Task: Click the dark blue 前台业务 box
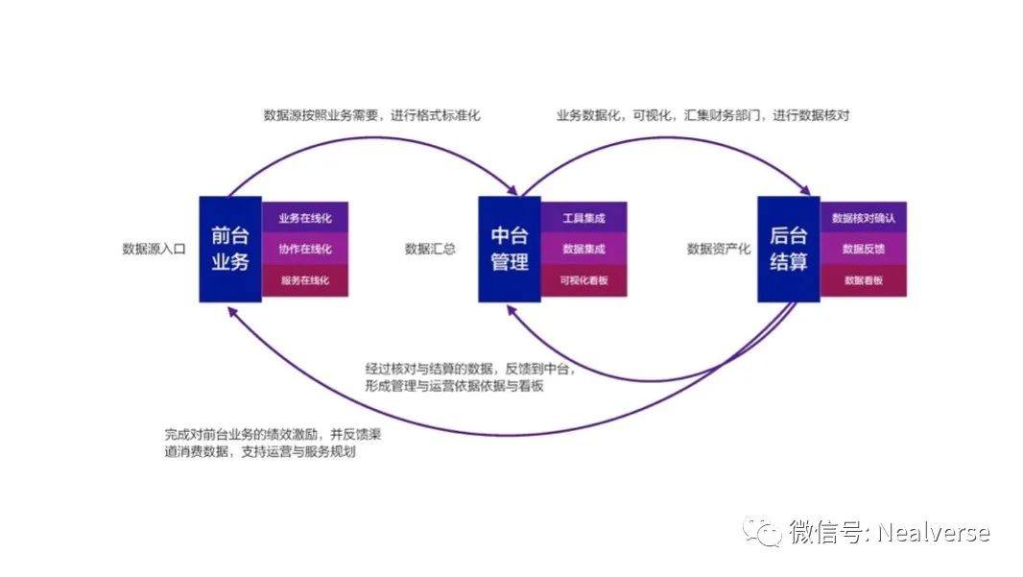[230, 249]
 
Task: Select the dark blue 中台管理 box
[510, 249]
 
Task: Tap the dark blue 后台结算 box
[789, 249]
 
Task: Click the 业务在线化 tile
[304, 218]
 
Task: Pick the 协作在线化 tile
[304, 249]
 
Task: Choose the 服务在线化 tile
[304, 280]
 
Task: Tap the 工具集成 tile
[583, 218]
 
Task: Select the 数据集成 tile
[583, 249]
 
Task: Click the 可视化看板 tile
[583, 280]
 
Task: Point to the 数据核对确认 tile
[863, 218]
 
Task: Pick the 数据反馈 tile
[863, 249]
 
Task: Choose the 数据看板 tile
[863, 280]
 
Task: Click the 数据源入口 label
[154, 249]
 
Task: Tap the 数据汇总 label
[430, 249]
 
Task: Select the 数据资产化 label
[719, 249]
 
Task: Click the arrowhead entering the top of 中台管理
[511, 190]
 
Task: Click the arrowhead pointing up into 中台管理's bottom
[512, 311]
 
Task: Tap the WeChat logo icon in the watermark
[761, 532]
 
